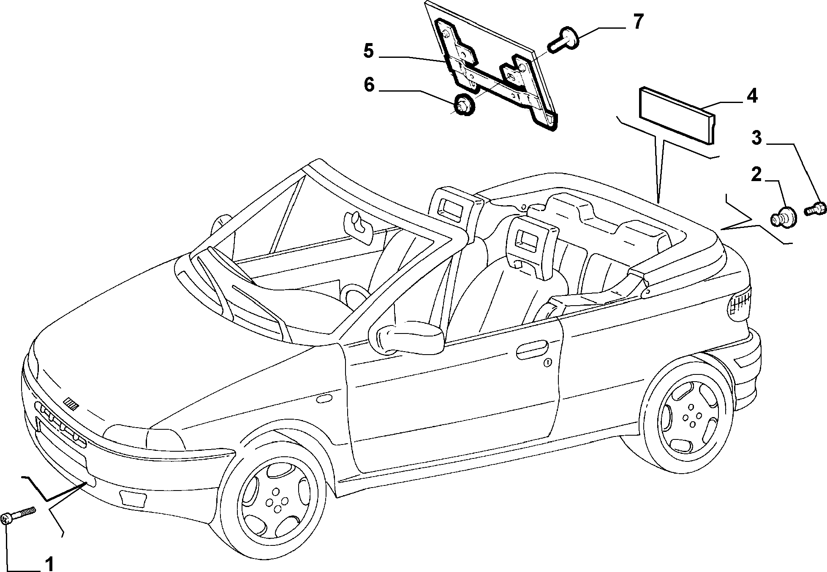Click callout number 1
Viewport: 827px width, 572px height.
click(49, 564)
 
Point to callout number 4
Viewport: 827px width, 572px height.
click(752, 96)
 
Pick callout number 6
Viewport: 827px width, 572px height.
click(369, 85)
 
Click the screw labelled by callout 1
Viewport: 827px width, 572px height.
click(19, 515)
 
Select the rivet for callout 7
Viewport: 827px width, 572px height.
click(561, 40)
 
